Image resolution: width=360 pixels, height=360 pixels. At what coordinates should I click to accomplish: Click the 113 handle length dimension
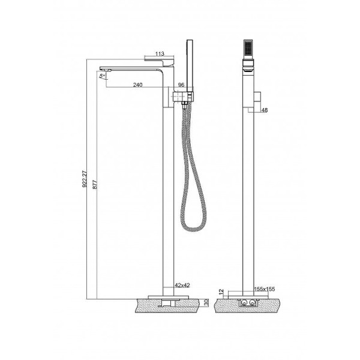point(158,54)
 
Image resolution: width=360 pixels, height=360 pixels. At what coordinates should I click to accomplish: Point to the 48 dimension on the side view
point(265,110)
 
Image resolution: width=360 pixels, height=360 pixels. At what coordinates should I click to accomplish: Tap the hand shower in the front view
point(190,66)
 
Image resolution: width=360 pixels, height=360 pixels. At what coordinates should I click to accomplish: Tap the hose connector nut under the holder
point(184,105)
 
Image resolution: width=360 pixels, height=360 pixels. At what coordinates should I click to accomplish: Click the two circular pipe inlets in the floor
point(248,304)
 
